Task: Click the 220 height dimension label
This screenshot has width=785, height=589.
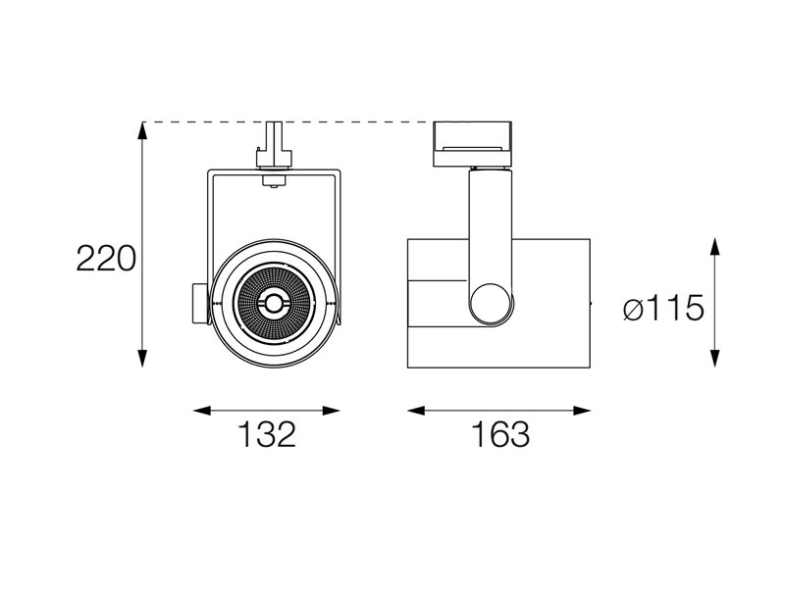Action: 106,259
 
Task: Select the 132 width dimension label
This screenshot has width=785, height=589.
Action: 267,434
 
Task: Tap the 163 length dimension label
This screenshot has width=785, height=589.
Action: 500,434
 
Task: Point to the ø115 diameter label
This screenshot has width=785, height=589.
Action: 664,308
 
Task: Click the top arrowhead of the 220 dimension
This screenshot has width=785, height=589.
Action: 142,131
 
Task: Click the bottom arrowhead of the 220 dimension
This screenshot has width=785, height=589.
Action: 142,359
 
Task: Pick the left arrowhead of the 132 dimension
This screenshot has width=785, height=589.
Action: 203,411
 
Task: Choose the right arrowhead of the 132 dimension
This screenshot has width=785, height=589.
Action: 332,411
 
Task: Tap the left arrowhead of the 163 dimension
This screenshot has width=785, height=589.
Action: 416,411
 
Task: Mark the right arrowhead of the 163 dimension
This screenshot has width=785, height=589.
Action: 581,411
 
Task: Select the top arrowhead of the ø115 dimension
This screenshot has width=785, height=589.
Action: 715,248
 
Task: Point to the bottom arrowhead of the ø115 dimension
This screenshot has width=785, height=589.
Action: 715,359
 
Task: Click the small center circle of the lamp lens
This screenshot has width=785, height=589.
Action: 274,303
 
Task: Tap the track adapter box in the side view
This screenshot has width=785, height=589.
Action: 472,143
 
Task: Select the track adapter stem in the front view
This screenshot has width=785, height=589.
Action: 274,144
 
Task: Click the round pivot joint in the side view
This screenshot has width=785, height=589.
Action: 492,303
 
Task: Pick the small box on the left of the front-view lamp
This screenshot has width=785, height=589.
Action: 200,304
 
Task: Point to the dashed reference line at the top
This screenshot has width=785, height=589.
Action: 288,122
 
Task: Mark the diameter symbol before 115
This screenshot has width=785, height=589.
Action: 633,309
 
